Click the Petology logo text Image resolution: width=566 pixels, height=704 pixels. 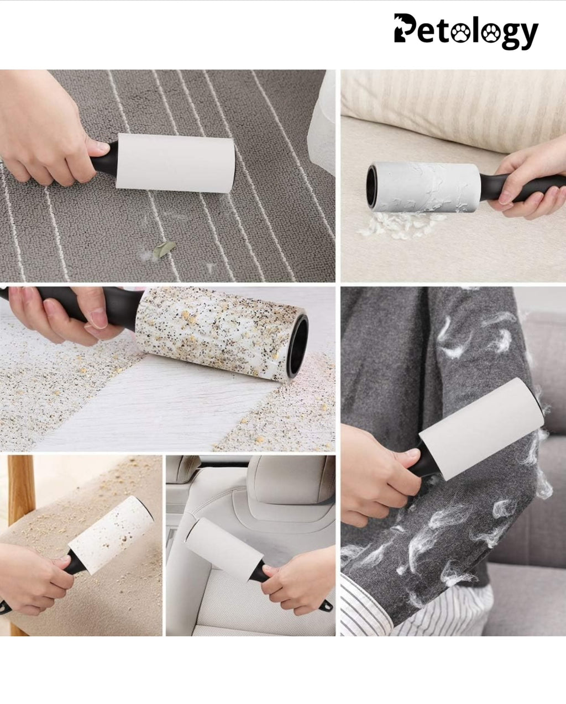[x=465, y=31]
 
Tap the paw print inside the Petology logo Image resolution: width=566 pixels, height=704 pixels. [x=462, y=34]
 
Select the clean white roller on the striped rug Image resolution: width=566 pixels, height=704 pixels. [x=175, y=162]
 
